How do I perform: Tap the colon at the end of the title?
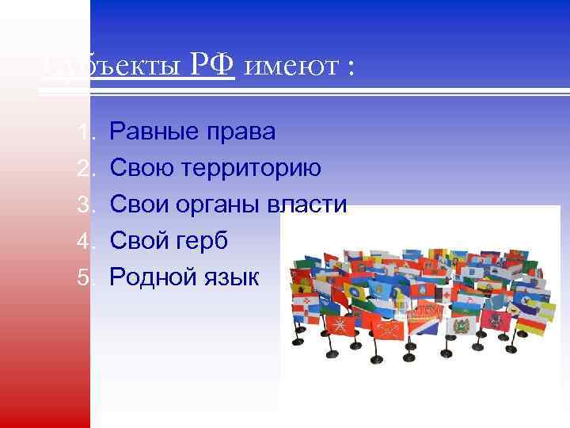click(347, 70)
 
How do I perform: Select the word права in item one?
click(241, 132)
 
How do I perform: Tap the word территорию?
click(253, 168)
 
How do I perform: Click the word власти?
click(310, 204)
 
